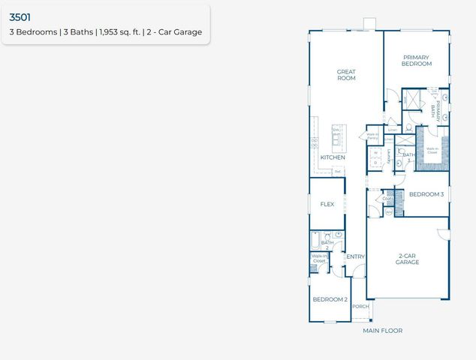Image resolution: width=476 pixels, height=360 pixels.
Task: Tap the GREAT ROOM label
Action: point(345,75)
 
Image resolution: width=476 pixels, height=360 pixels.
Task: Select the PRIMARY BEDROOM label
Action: point(416,61)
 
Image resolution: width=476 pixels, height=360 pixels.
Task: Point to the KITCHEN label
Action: point(333,158)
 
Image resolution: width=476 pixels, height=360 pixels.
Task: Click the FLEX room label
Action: point(327,204)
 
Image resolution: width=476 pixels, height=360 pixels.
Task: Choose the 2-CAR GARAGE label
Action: point(407,259)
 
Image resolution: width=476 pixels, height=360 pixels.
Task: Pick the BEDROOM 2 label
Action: point(330,299)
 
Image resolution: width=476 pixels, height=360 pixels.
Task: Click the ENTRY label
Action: point(355,257)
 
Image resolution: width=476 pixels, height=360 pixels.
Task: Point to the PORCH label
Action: point(360,306)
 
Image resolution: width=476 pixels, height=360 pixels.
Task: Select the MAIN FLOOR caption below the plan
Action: point(382,331)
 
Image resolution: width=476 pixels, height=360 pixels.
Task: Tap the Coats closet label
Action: point(387,199)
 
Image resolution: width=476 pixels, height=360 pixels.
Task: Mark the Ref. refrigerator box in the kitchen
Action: point(338,172)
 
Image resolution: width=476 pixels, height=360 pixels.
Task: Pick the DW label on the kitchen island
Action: point(336,130)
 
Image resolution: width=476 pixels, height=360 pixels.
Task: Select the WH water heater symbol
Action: point(389,212)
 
